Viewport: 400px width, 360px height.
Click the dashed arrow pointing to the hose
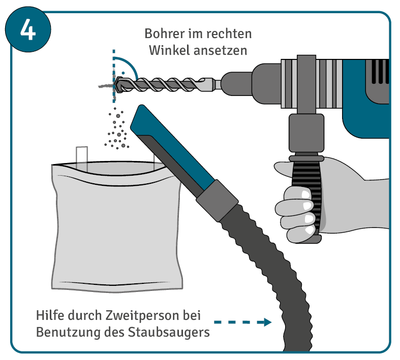pos(242,322)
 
